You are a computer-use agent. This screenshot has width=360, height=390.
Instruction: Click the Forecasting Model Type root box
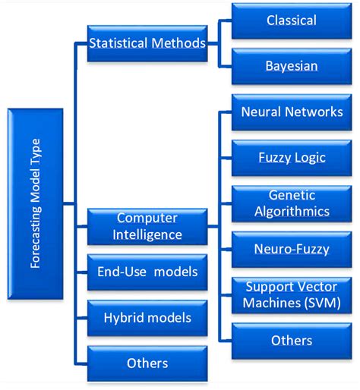click(x=35, y=203)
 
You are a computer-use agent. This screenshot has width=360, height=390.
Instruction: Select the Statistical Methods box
click(x=147, y=44)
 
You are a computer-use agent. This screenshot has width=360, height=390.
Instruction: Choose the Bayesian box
click(x=292, y=66)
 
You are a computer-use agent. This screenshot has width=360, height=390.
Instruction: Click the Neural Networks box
click(x=292, y=112)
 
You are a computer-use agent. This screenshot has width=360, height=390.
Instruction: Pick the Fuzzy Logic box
click(x=292, y=157)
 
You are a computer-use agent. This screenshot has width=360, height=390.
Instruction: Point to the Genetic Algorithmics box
click(x=292, y=203)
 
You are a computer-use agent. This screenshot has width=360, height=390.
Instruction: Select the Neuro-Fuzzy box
click(x=292, y=248)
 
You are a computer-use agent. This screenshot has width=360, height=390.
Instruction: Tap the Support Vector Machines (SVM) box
click(x=292, y=295)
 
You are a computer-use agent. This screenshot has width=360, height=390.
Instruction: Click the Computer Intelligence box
click(x=147, y=227)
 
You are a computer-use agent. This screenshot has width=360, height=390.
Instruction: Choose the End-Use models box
click(x=147, y=272)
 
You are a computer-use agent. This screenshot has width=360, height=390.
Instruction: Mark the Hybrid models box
click(x=147, y=317)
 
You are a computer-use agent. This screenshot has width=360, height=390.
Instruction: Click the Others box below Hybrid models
click(x=147, y=363)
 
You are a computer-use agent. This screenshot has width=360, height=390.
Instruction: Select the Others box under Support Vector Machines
click(x=292, y=341)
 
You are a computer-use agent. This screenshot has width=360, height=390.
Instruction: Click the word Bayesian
click(x=292, y=66)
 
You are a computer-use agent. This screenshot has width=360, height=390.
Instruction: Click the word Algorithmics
click(x=292, y=211)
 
